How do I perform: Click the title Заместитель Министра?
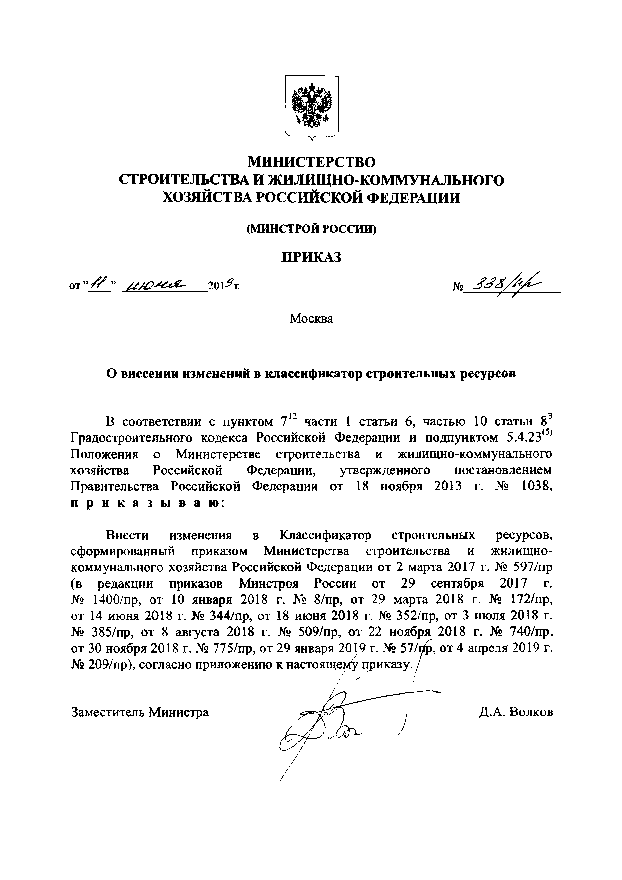click(140, 712)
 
